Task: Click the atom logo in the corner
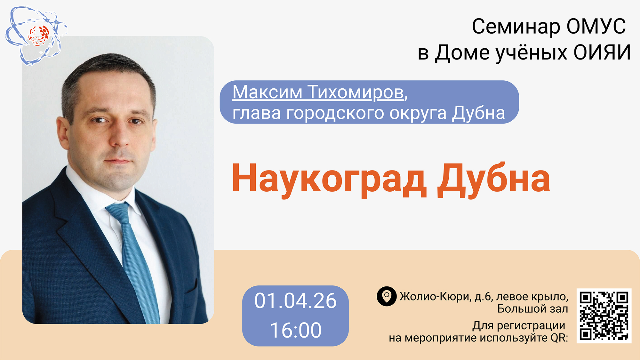pos(36,36)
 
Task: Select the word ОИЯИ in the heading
pos(602,52)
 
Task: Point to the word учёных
pos(531,53)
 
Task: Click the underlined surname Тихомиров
pos(356,93)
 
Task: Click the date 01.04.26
pos(295,301)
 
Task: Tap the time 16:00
pos(295,330)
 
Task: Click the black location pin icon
pos(387,296)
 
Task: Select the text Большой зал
pos(532,309)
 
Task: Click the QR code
pos(604,316)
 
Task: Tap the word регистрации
pos(531,326)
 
